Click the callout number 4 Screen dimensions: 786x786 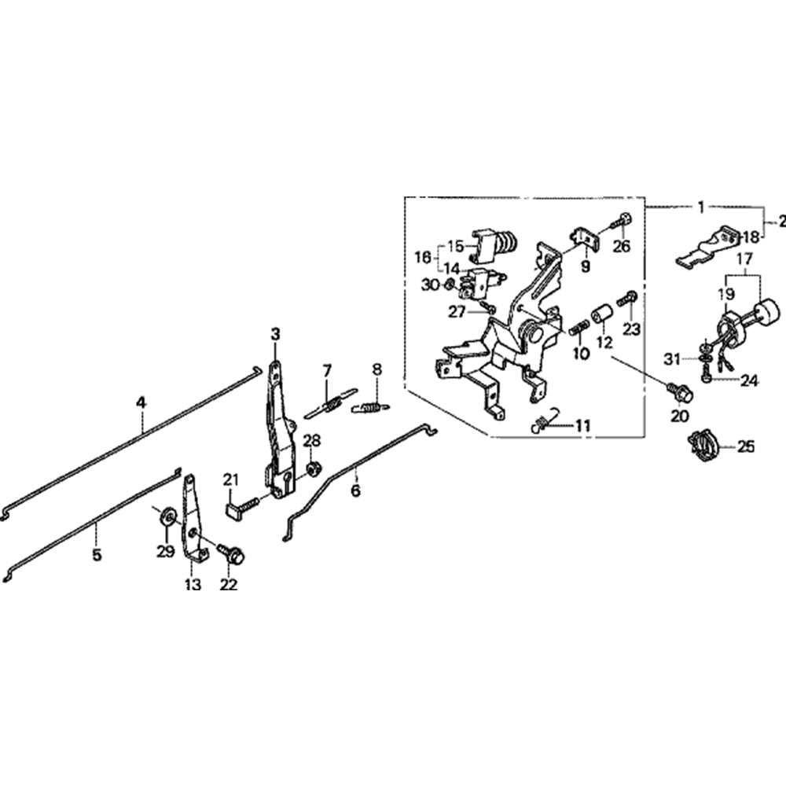click(x=141, y=402)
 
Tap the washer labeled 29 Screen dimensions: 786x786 click(x=167, y=516)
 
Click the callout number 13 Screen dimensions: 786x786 click(x=193, y=584)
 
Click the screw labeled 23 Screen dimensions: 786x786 click(x=629, y=299)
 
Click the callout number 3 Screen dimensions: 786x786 click(x=275, y=335)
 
